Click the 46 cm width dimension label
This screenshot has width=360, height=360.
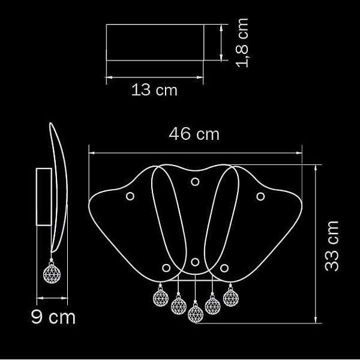pos(194,134)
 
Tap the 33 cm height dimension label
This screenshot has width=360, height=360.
pos(332,246)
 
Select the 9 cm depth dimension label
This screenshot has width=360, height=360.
pos(53,317)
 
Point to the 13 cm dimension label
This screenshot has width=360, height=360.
pos(154,90)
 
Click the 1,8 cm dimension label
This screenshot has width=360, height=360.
pos(242,43)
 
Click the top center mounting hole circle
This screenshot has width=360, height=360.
pos(195,182)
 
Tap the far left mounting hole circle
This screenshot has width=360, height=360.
pos(130,196)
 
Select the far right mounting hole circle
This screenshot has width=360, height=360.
pos(260,196)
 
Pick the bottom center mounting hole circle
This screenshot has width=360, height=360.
pos(195,262)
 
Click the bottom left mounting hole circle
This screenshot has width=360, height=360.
pos(166,268)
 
